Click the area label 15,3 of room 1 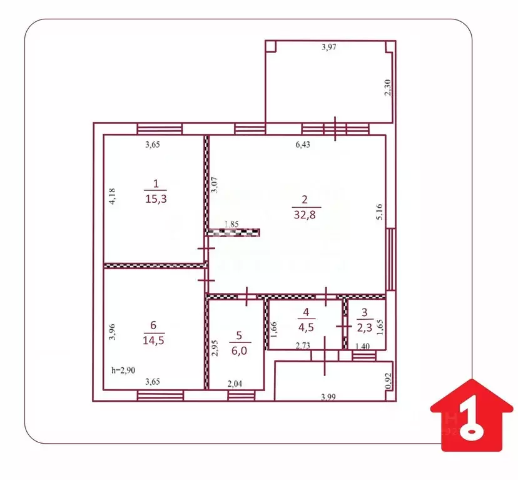coord(156,198)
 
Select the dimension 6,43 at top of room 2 coord(303,145)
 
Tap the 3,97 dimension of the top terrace coord(328,47)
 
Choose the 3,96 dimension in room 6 coord(112,331)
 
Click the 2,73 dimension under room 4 coord(303,345)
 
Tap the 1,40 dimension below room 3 coord(362,345)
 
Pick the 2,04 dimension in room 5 coord(234,384)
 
